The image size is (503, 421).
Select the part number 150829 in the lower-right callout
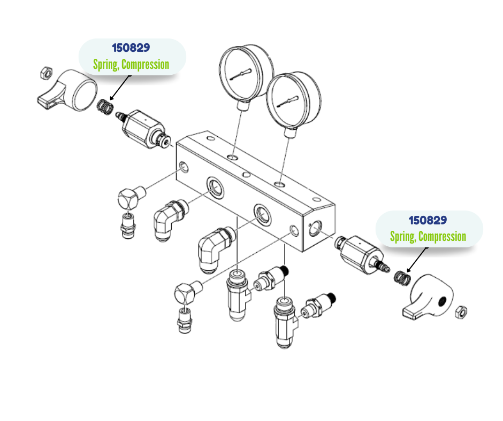(x=428, y=220)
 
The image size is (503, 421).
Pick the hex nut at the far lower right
(x=461, y=311)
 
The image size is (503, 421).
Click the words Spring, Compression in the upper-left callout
(x=131, y=65)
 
